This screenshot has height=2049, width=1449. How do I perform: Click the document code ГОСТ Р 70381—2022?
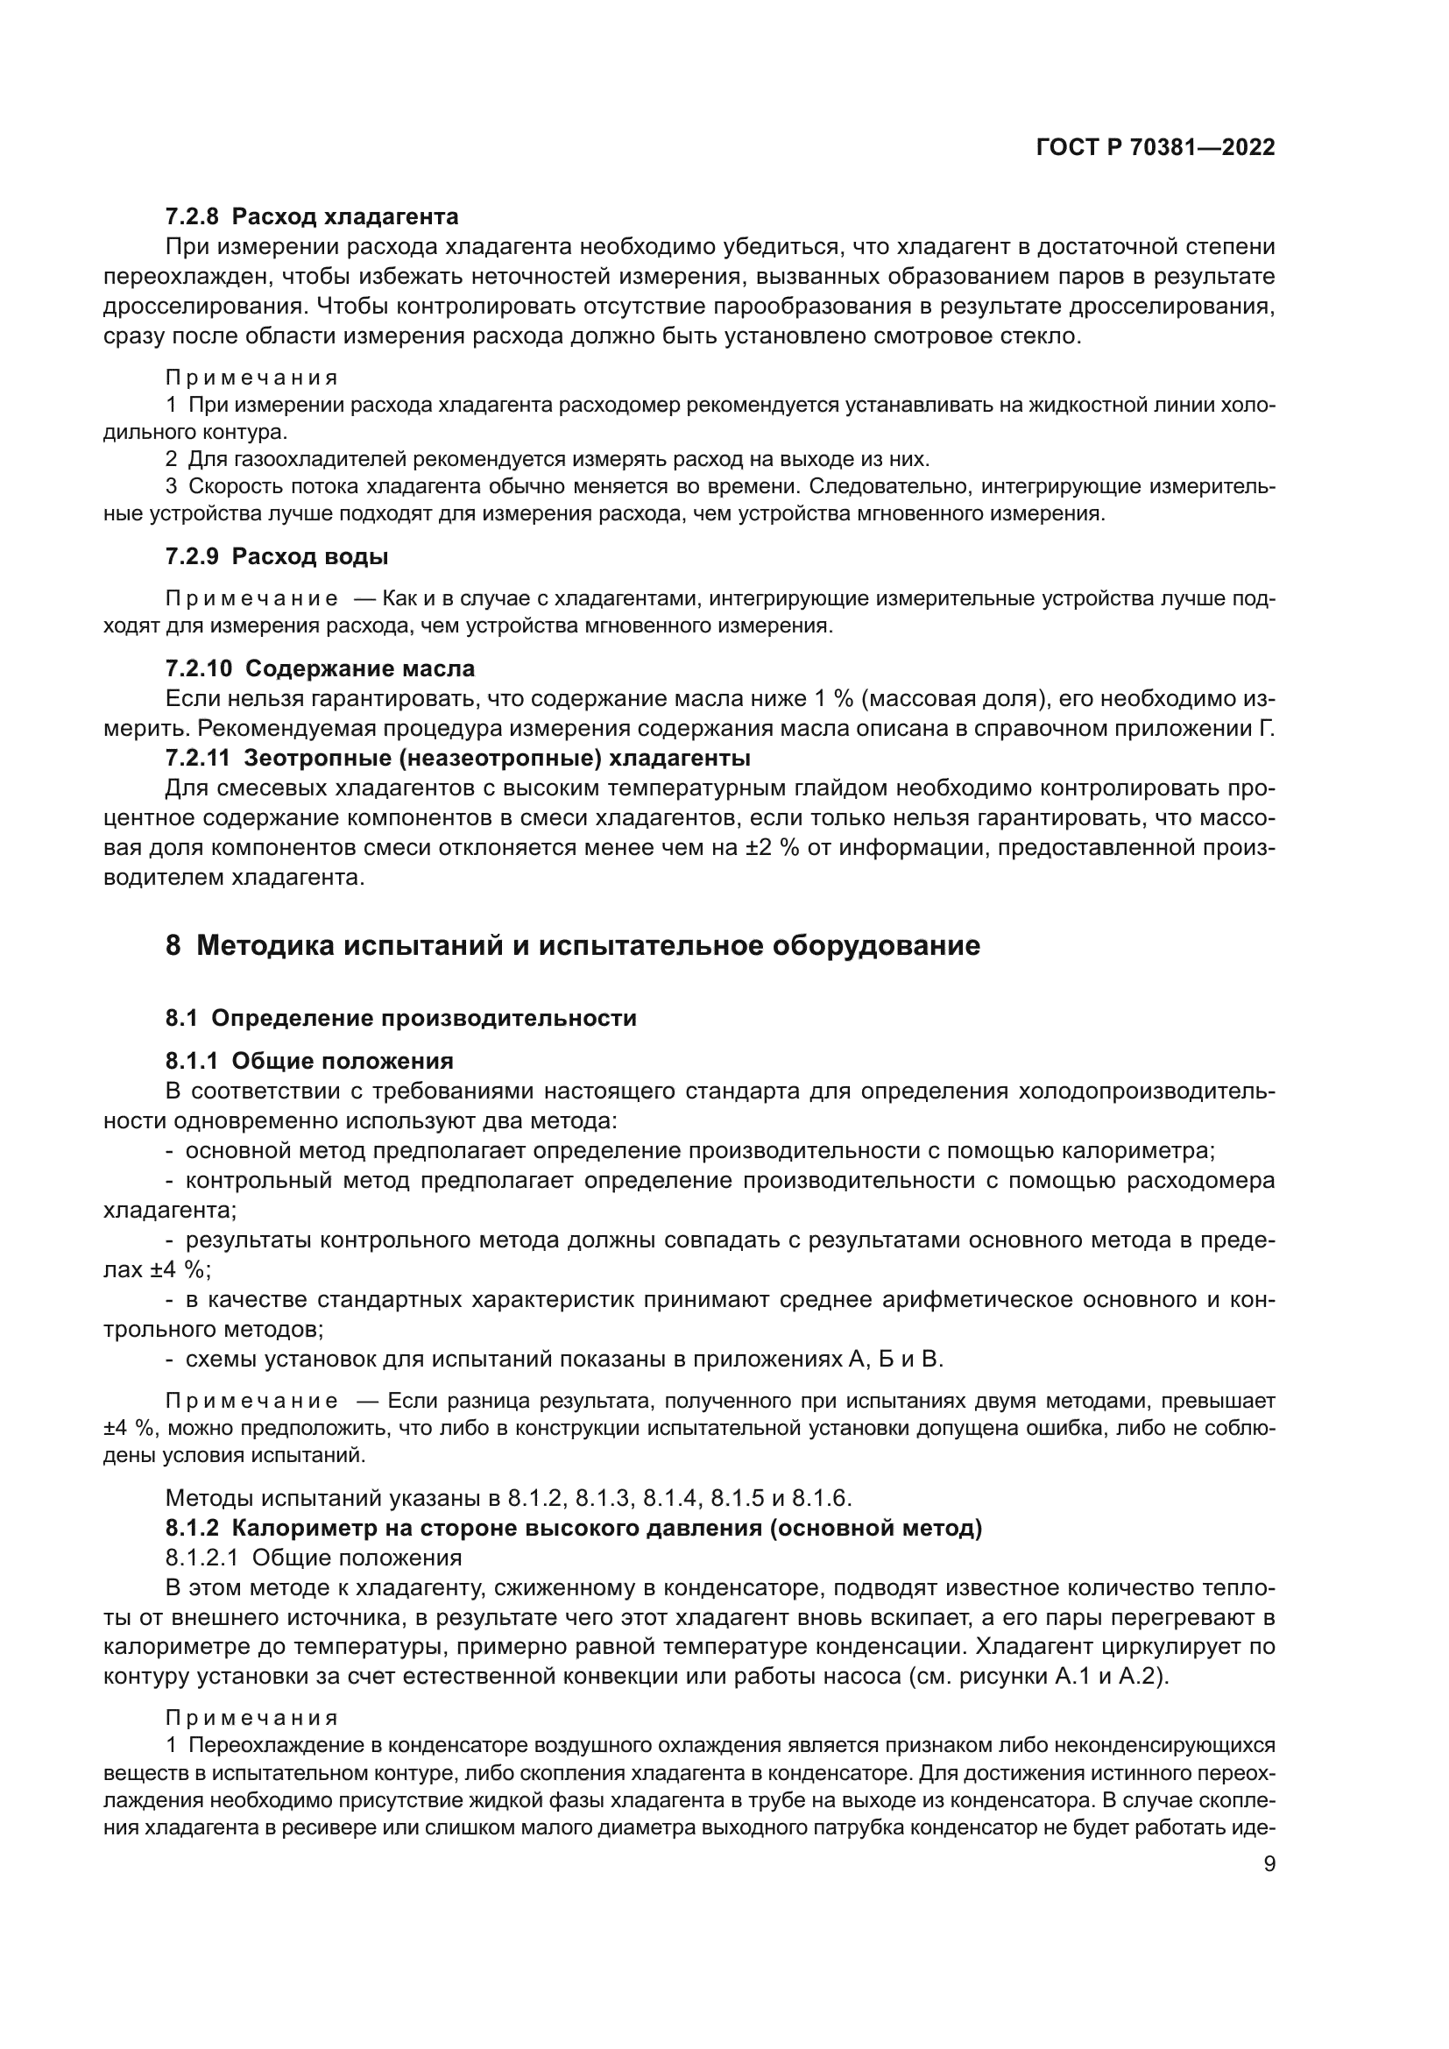[1156, 148]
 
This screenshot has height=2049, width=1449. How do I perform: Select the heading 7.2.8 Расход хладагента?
[311, 217]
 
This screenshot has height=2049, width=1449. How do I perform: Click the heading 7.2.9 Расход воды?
[277, 557]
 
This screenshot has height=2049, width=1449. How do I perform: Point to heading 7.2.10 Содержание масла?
[320, 668]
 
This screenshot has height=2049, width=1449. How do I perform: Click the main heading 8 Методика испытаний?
[573, 945]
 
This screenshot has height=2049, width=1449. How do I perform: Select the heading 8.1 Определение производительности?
[400, 1018]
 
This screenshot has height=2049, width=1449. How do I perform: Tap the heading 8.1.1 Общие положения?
[308, 1061]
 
